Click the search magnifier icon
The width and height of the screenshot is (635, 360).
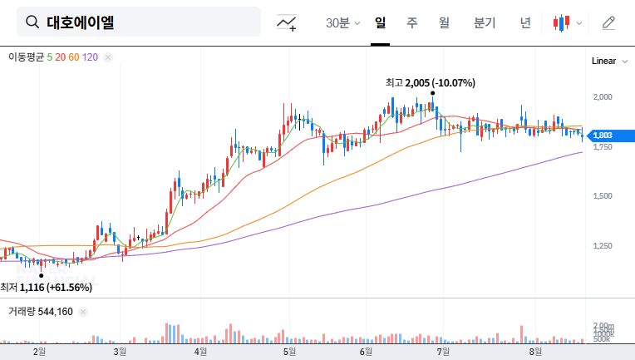point(32,22)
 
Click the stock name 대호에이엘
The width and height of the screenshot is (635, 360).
point(81,22)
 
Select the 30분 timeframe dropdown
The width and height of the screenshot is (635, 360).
point(342,22)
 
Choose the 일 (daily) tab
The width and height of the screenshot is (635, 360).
point(381,22)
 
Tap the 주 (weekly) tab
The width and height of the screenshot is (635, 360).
point(412,22)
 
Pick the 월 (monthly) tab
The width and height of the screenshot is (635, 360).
point(444,22)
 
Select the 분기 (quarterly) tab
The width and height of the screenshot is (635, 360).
point(484,22)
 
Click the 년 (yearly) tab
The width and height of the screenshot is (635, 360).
point(525,22)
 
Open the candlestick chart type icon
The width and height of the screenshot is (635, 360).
point(563,22)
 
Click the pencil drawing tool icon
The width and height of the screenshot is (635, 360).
point(608,22)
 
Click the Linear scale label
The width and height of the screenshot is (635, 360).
point(603,61)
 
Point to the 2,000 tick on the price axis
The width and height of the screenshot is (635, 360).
point(602,96)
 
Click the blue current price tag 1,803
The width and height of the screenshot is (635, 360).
point(603,135)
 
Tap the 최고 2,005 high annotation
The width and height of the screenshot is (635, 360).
point(430,83)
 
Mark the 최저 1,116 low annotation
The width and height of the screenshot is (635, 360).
point(47,287)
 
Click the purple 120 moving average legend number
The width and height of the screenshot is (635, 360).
point(91,57)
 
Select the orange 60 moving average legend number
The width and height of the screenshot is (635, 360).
point(74,57)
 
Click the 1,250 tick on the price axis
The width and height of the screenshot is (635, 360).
point(602,245)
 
